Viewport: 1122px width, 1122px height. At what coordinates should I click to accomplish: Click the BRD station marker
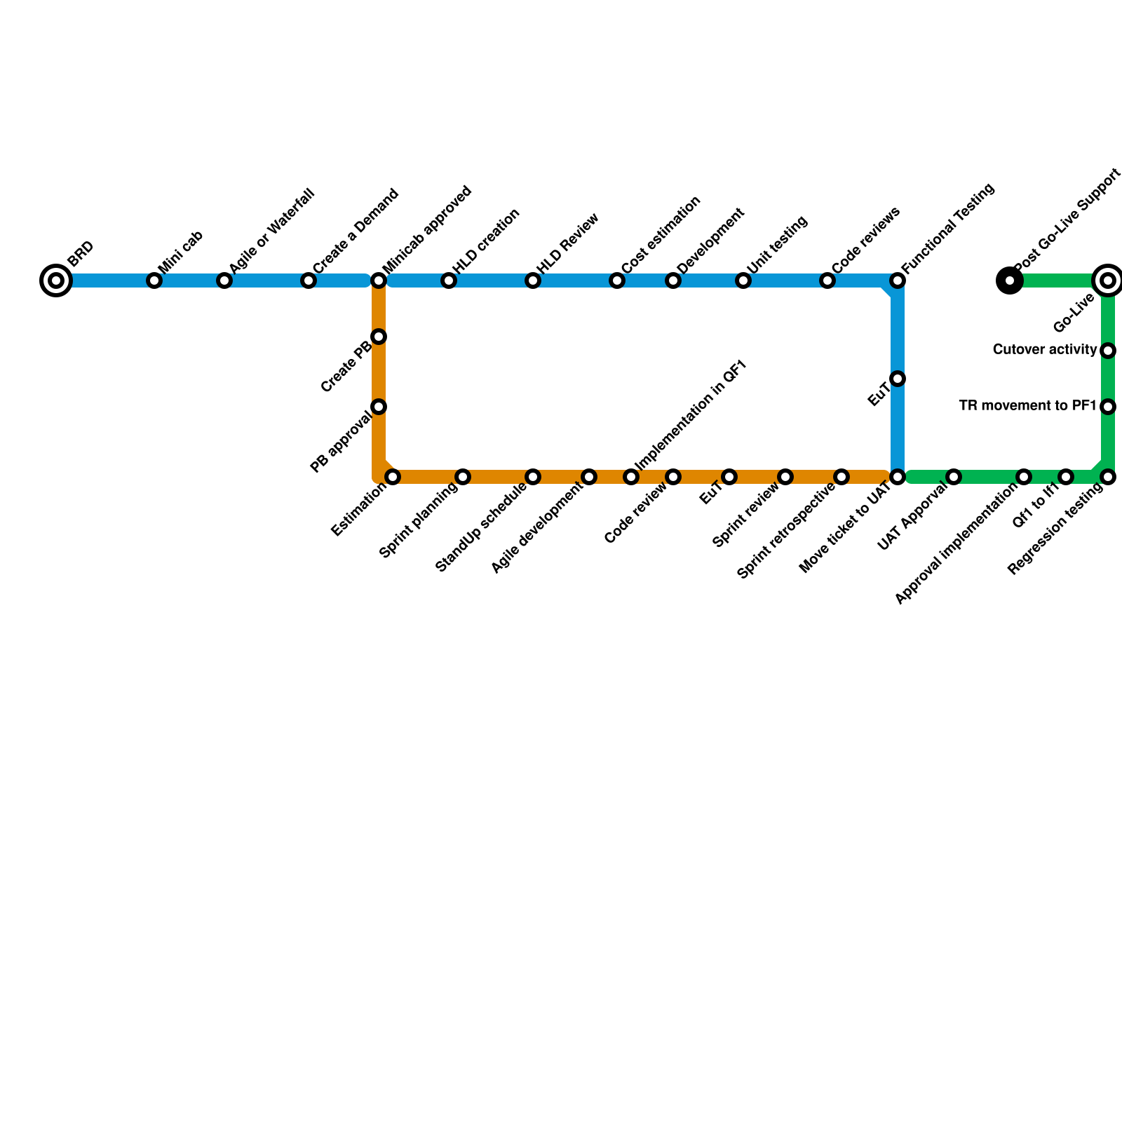point(56,281)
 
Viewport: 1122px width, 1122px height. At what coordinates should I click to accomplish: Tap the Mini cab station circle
point(154,281)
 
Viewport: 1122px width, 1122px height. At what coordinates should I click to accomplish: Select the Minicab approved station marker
point(379,281)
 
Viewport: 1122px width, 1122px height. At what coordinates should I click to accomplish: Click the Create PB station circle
point(379,337)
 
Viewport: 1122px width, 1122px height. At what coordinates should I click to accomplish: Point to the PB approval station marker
point(379,407)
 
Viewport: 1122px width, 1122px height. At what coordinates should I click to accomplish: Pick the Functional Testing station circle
point(898,281)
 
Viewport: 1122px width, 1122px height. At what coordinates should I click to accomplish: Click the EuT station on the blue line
point(898,379)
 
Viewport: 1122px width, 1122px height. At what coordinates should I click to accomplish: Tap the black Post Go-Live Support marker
point(1009,281)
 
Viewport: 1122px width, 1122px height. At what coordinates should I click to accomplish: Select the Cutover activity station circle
point(1108,351)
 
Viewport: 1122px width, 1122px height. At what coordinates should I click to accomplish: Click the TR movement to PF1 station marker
point(1108,407)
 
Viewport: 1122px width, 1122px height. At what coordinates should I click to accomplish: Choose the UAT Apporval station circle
point(954,478)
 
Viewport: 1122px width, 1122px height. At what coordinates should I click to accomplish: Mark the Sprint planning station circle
point(463,478)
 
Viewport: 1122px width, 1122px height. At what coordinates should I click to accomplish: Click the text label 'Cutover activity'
point(1045,349)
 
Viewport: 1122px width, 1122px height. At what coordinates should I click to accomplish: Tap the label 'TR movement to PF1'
point(1027,405)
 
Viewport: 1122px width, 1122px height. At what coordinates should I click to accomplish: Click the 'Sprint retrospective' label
point(787,532)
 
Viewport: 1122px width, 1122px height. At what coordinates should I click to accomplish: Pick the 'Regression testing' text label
point(1056,531)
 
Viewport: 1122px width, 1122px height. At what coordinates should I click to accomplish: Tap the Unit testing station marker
point(743,281)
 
